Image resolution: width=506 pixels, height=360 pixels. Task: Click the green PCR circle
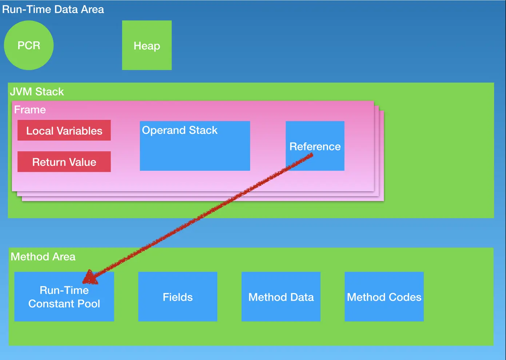pos(29,45)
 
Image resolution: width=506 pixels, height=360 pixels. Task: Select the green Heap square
pos(147,45)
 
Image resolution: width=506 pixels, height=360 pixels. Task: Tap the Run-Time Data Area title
pos(53,9)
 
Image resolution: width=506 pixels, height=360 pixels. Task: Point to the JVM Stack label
pos(37,92)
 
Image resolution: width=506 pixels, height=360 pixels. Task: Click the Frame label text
pos(30,110)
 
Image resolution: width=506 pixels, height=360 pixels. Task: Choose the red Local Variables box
pos(64,131)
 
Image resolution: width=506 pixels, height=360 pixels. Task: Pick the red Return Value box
pos(64,162)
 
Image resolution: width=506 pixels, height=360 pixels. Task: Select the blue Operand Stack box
pos(195,146)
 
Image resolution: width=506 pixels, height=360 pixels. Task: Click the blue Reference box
pos(315,146)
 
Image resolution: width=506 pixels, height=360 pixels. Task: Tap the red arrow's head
pos(89,278)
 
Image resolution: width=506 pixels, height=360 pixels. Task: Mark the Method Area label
pos(43,257)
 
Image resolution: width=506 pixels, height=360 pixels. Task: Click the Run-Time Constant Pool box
pos(64,297)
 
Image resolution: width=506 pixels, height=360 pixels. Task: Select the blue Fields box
pos(178,297)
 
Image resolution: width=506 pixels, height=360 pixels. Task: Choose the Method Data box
pos(281,297)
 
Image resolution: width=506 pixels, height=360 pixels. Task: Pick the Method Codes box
pos(384,297)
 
